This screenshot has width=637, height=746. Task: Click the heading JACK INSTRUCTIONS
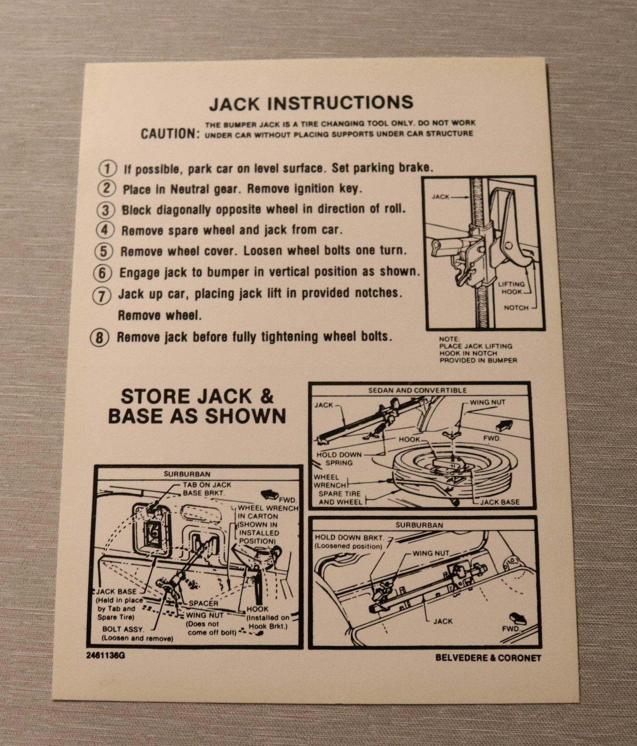311,103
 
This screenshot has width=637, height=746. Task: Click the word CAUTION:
171,133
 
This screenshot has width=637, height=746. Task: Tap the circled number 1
108,168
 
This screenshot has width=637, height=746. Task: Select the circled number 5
103,251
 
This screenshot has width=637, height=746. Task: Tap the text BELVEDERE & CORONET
488,658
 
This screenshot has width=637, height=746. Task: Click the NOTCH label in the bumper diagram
516,308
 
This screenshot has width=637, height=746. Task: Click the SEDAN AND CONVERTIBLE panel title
417,390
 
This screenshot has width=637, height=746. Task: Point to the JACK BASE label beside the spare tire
500,502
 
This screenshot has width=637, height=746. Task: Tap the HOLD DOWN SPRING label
339,459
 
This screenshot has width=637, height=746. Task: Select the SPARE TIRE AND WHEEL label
340,497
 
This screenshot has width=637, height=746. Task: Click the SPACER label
203,603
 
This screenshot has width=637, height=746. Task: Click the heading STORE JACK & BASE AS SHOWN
197,406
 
